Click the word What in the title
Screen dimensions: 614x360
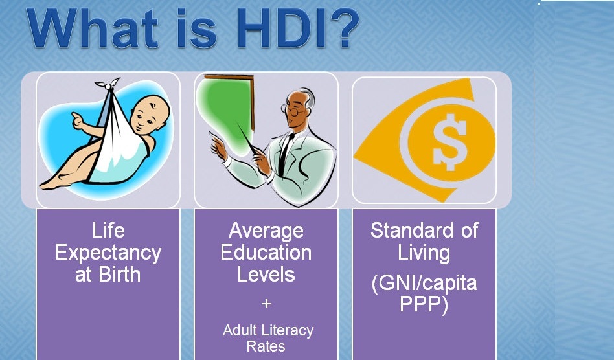[x=93, y=28]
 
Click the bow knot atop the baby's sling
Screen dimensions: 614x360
[x=108, y=84]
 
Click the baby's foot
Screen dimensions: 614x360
[x=51, y=183]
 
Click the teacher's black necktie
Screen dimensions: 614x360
[x=284, y=154]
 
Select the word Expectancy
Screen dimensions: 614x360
[x=108, y=254]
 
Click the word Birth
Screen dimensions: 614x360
[x=119, y=275]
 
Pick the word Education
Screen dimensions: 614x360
[x=266, y=253]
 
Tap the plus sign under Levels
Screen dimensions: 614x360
[x=266, y=303]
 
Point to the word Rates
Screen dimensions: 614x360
[x=266, y=346]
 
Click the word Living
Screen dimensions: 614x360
[x=424, y=253]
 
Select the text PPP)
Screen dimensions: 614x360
[x=424, y=304]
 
